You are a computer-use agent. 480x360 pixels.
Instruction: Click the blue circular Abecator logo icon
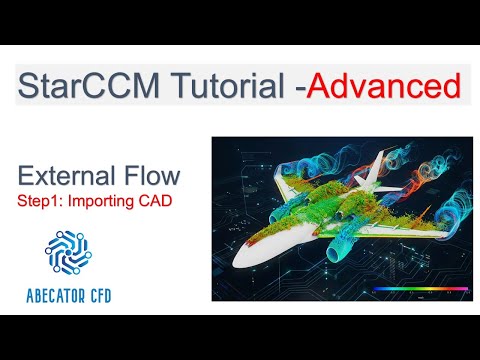tap(72, 250)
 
